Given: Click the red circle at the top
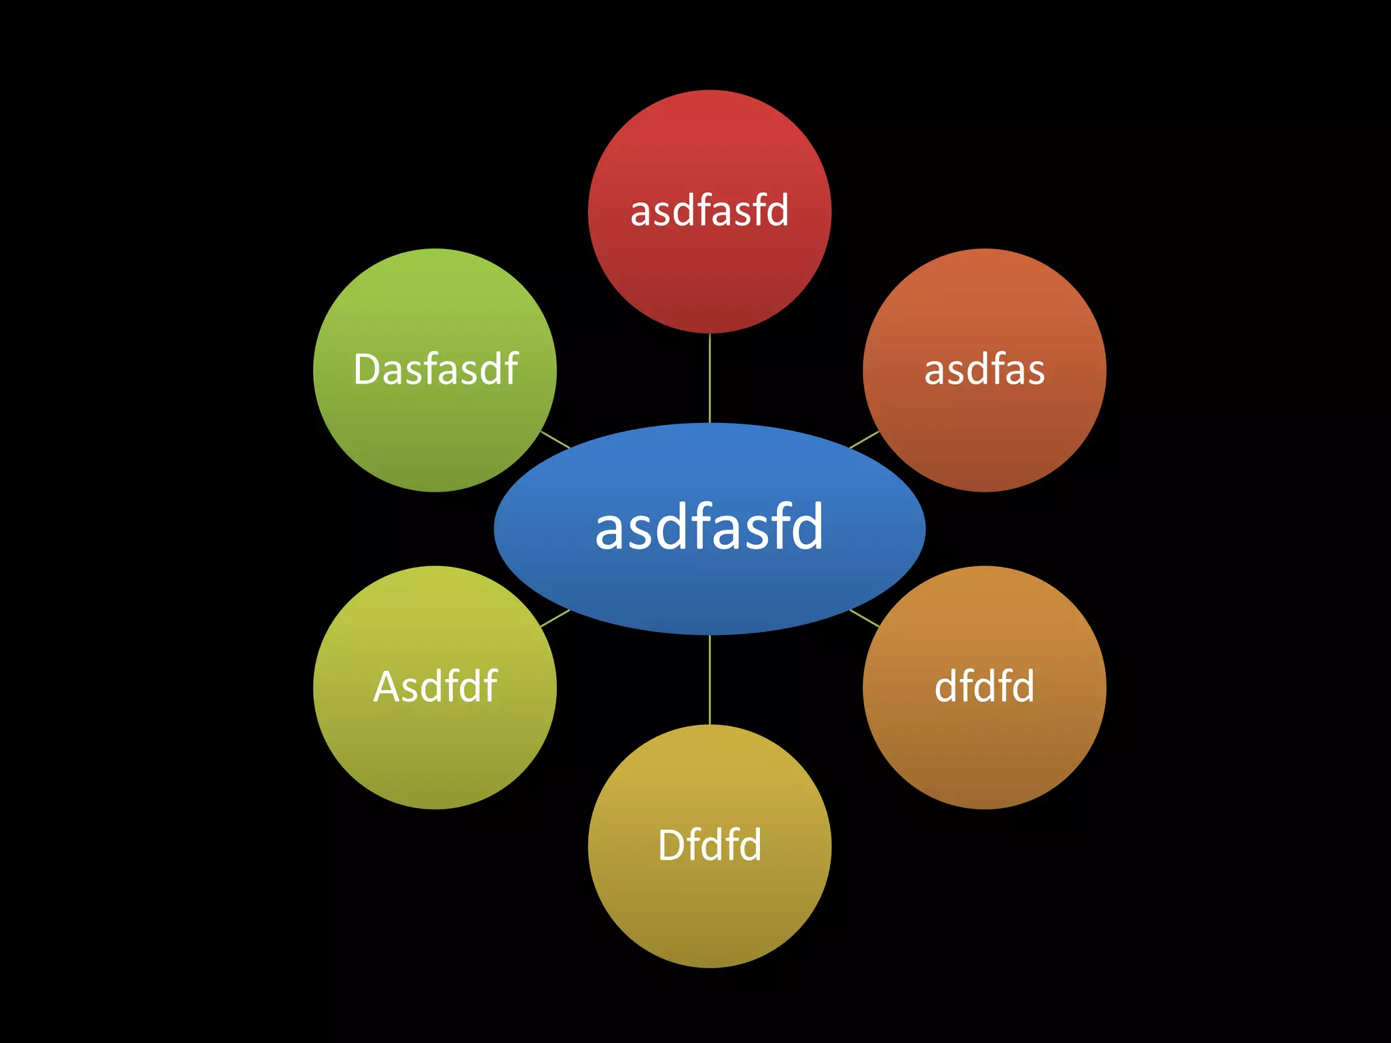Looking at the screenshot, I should pyautogui.click(x=709, y=272).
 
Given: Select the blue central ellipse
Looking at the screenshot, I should pyautogui.click(x=709, y=591).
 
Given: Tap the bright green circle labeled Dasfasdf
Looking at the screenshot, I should pyautogui.click(x=435, y=435).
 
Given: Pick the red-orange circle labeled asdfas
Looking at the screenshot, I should pyautogui.click(x=984, y=435).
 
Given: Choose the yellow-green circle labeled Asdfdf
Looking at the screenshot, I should pyautogui.click(x=435, y=747).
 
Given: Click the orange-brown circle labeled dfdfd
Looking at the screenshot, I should pyautogui.click(x=984, y=747).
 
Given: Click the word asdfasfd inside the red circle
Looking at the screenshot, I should pyautogui.click(x=709, y=211).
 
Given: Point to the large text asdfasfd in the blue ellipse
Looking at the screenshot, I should pyautogui.click(x=709, y=528).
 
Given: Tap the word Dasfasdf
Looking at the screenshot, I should pyautogui.click(x=435, y=369).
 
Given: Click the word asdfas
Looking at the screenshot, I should pyautogui.click(x=984, y=370).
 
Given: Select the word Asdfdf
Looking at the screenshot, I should pyautogui.click(x=435, y=687).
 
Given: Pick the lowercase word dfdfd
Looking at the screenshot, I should pyautogui.click(x=984, y=687).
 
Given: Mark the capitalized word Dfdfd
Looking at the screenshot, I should pyautogui.click(x=709, y=845).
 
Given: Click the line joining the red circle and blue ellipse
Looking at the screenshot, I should pyautogui.click(x=709, y=378).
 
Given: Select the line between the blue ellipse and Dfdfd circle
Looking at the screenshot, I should pyautogui.click(x=709, y=680).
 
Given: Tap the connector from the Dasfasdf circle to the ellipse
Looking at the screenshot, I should pyautogui.click(x=555, y=439).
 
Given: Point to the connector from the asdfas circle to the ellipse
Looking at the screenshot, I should pyautogui.click(x=865, y=439).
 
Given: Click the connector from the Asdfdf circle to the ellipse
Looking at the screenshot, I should pyautogui.click(x=555, y=618).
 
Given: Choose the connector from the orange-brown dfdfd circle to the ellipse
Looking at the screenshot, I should pyautogui.click(x=865, y=618).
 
